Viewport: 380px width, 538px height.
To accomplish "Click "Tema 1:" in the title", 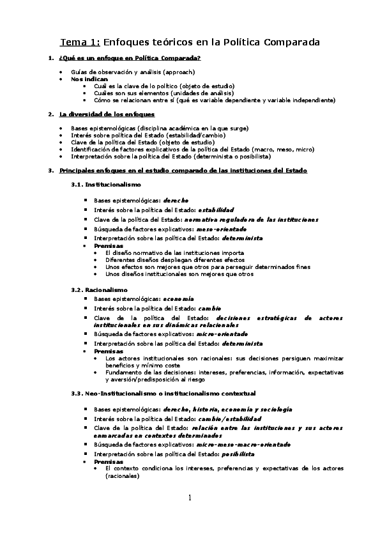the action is click(x=80, y=43).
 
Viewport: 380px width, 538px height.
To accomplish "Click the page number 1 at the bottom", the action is click(x=190, y=498).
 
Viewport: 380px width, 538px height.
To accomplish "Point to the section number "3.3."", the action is click(x=77, y=393).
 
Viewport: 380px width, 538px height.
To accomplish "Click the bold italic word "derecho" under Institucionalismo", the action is click(x=176, y=200).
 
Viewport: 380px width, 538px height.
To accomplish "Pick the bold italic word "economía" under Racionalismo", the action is click(x=178, y=298).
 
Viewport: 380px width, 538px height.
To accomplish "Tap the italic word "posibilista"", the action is click(x=238, y=454).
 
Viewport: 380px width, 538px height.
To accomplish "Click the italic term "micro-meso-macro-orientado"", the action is click(x=243, y=444).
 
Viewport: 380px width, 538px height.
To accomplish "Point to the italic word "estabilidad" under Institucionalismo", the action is click(x=216, y=210).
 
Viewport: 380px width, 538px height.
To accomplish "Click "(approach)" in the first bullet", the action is click(x=179, y=72).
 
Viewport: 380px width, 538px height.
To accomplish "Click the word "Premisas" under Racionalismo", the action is click(x=109, y=351).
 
